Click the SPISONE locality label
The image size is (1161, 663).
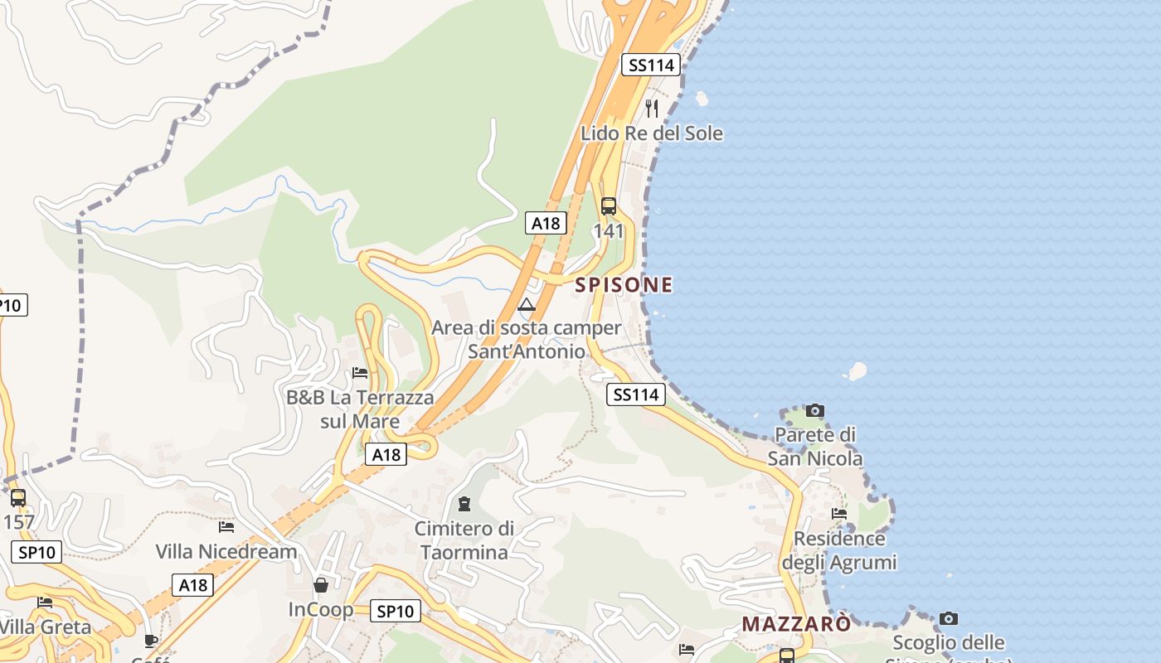click(624, 285)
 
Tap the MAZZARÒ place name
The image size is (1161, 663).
click(796, 624)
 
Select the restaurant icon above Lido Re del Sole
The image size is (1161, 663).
click(652, 109)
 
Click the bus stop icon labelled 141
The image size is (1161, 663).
click(609, 206)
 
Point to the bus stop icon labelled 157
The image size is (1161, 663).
click(18, 498)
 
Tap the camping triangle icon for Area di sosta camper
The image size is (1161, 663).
click(527, 304)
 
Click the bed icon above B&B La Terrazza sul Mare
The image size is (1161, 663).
click(360, 373)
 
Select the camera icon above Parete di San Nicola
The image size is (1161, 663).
click(815, 410)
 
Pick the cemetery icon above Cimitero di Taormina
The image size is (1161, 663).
click(464, 504)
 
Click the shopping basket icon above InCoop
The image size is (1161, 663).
click(321, 585)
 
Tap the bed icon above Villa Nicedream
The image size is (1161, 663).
click(226, 526)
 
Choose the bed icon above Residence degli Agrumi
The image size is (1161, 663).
click(839, 514)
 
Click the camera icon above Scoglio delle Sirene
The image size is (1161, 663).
click(949, 618)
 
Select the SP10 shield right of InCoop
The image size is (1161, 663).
click(395, 611)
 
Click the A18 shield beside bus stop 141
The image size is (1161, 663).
click(546, 223)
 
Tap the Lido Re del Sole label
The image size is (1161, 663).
click(652, 133)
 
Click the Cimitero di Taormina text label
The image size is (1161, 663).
click(464, 540)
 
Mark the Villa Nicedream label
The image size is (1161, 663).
click(226, 551)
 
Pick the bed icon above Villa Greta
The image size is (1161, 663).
click(45, 603)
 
